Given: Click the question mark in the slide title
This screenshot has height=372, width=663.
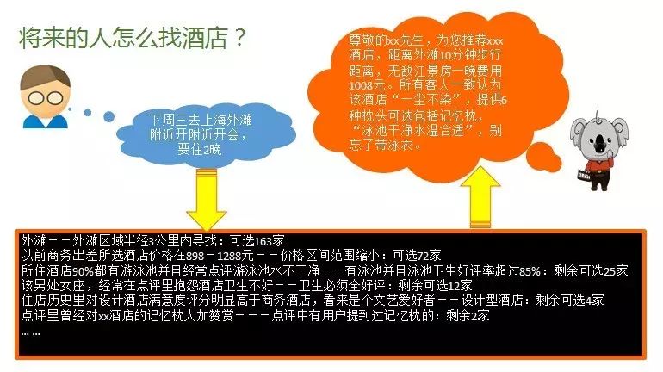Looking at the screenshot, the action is pos(239,37).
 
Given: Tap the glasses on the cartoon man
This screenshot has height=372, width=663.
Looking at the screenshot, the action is pos(46,98).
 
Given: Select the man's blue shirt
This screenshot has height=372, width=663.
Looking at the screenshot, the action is pos(45,121).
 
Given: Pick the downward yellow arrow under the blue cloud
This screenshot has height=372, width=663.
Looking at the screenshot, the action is pos(207,200).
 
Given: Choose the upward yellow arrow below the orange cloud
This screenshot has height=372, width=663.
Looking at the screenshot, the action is pos(480,197).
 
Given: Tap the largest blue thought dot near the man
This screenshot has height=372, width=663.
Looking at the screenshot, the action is pos(108,116).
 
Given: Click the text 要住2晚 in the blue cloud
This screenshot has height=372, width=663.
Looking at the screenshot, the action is pos(200,149).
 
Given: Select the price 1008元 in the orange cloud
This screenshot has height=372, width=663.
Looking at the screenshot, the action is pos(367,84).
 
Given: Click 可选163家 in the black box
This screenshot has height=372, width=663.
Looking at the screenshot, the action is pos(257,241).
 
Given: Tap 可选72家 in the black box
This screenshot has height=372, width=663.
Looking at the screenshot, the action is pos(417,256).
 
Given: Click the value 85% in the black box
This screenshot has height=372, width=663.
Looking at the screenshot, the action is pos(530,270).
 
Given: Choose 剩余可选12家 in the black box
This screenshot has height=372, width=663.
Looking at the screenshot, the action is pos(435,285).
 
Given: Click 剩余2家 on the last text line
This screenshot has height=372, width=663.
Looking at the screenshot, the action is pos(468,315).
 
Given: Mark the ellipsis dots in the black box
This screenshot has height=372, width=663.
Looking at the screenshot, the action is pos(31,333).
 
